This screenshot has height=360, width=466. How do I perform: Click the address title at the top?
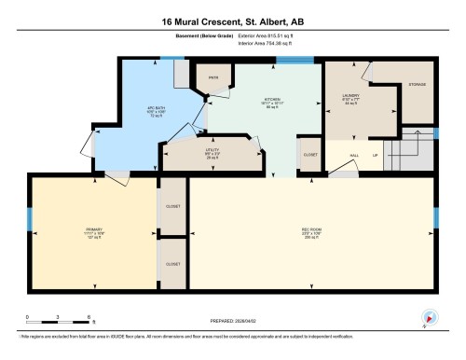tap(233, 21)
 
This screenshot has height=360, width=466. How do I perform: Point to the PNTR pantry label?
tap(213, 77)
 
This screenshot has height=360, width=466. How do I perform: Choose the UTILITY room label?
tap(212, 152)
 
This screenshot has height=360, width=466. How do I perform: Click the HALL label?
tap(355, 155)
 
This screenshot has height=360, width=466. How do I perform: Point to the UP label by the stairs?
tap(376, 155)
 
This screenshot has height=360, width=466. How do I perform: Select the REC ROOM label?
tap(311, 230)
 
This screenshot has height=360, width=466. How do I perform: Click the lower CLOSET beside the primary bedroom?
tap(172, 264)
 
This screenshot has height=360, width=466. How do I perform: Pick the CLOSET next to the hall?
tap(310, 155)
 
